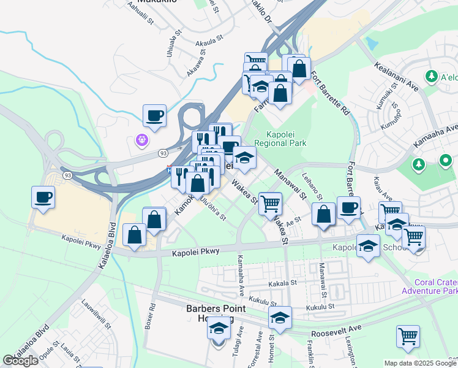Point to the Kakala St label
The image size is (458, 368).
pyautogui.click(x=282, y=285)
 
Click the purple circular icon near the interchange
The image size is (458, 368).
pyautogui.click(x=141, y=140)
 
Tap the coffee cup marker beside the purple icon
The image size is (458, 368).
pyautogui.click(x=154, y=115)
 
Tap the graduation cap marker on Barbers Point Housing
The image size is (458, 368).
pyautogui.click(x=219, y=329)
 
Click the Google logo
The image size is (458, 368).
pyautogui.click(x=20, y=361)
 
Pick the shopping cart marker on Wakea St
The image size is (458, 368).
pyautogui.click(x=270, y=203)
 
